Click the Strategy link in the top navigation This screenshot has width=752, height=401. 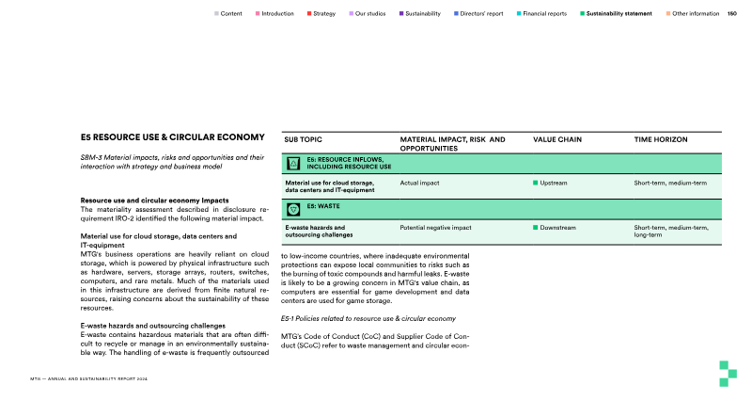[x=324, y=14]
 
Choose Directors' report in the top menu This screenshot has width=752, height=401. [x=482, y=14]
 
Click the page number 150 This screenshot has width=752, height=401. [x=732, y=14]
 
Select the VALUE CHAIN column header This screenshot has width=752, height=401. [x=557, y=139]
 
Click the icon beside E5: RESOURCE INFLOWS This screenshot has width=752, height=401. [x=292, y=163]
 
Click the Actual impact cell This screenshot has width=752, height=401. [x=422, y=182]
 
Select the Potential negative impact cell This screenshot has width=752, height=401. [x=435, y=228]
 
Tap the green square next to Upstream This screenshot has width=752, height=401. [x=536, y=182]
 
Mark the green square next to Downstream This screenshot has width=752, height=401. [x=536, y=228]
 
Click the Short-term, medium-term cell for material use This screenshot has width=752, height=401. [x=670, y=182]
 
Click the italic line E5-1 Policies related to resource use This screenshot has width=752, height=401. [x=368, y=319]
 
